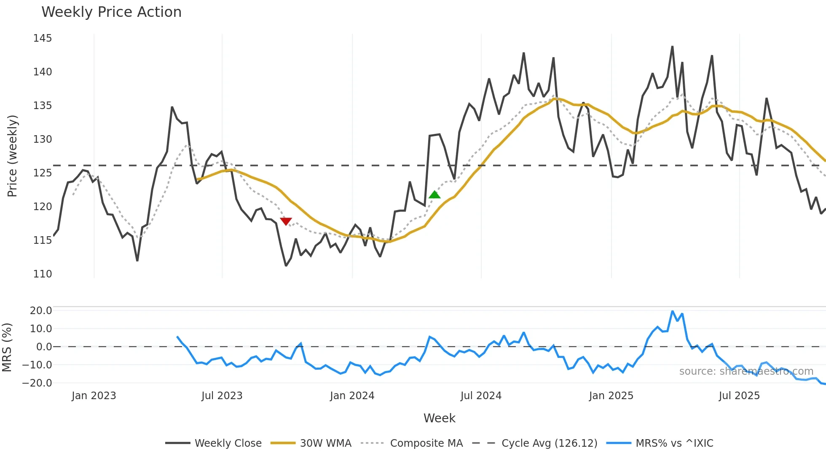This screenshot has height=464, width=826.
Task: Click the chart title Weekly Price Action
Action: pos(111,12)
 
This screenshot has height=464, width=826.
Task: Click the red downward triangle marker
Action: pos(286,221)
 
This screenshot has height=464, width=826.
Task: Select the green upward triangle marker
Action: pos(434,195)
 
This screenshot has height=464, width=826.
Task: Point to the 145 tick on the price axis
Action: pos(43,38)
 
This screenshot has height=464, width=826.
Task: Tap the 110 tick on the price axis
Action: pos(43,274)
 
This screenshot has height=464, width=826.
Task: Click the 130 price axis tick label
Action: pos(43,139)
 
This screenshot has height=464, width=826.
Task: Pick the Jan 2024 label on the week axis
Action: pos(352,396)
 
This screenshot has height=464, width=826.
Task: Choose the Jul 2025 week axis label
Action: pos(739,396)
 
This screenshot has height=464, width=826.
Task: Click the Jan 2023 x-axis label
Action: pos(94,396)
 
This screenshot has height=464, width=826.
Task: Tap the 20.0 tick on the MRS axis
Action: pos(41,311)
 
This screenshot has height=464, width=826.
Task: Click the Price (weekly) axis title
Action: pos(13,156)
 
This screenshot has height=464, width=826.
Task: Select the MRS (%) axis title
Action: pos(7,347)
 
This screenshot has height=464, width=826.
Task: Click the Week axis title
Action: pos(439,418)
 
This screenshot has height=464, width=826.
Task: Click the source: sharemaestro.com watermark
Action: pos(746,371)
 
